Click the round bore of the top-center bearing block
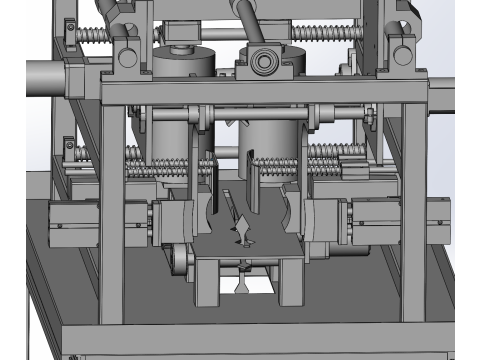(264, 62)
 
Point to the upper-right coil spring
(320, 36)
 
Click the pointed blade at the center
(238, 215)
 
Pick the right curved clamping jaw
(290, 210)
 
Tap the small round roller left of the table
(179, 262)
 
